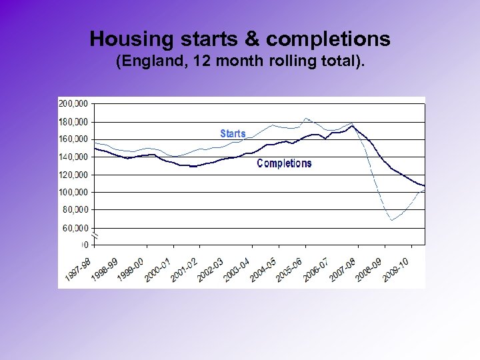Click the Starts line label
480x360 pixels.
[233, 134]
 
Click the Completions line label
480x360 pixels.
[284, 163]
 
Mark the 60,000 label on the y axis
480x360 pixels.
[75, 227]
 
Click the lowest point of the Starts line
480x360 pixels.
[392, 219]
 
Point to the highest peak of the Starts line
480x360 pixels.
[306, 119]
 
